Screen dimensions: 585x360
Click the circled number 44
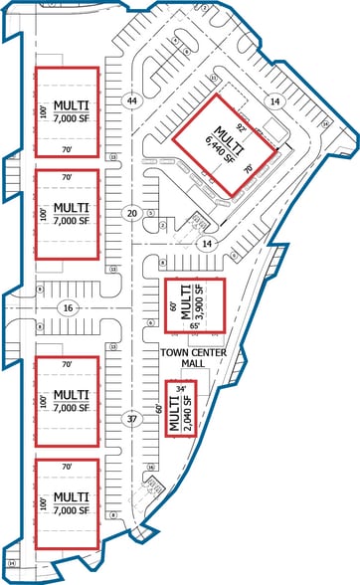coord(131,100)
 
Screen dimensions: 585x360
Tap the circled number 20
coord(131,213)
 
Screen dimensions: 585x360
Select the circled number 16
coord(68,308)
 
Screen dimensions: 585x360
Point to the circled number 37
coord(131,419)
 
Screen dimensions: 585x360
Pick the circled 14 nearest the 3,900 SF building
coord(207,243)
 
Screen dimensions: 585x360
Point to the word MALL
coord(192,364)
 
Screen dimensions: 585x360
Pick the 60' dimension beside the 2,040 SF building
coord(158,408)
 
